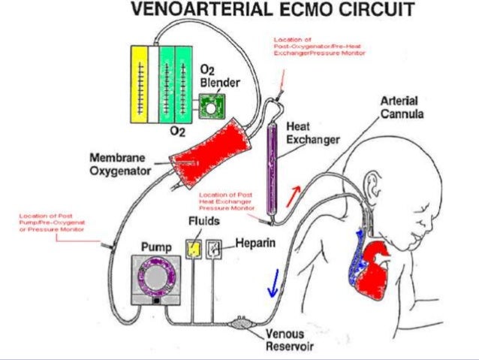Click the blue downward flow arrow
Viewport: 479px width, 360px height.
click(274, 285)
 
